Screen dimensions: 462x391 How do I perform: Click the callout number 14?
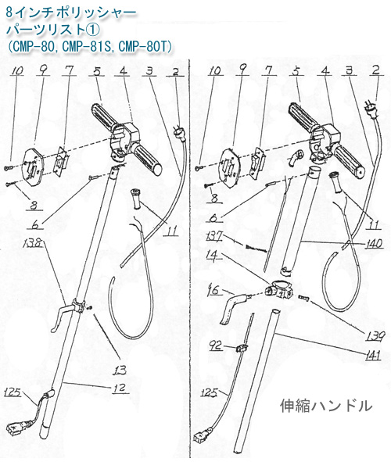[212, 256]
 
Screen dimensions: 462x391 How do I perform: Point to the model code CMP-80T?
[149, 47]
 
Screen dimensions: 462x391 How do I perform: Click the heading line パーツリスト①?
[48, 29]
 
